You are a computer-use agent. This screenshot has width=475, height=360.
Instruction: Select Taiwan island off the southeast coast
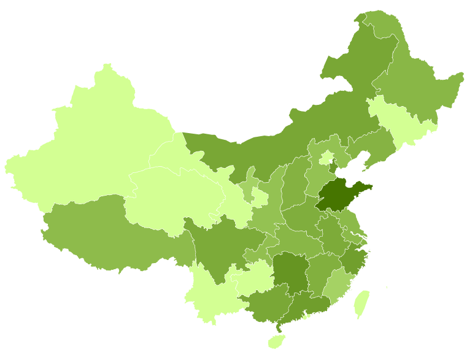(362, 304)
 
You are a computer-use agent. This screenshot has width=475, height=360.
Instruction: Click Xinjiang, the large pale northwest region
(92, 147)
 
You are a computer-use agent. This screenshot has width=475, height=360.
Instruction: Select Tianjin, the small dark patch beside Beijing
(334, 167)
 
